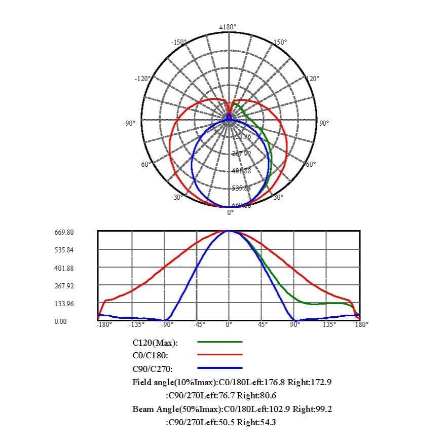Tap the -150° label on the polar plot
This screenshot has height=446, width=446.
click(x=179, y=42)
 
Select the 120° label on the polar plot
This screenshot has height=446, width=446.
click(x=313, y=79)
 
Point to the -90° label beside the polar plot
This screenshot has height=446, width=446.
click(x=129, y=123)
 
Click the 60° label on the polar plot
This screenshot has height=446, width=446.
click(x=310, y=164)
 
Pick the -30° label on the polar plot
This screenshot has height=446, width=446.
click(x=176, y=197)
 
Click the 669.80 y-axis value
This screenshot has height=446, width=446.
click(x=64, y=232)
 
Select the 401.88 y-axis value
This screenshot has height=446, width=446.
click(x=64, y=268)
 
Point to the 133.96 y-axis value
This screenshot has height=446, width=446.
click(x=64, y=304)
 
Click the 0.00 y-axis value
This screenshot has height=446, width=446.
click(x=60, y=321)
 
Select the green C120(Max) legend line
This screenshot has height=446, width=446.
click(x=219, y=342)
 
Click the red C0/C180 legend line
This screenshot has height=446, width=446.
click(x=219, y=355)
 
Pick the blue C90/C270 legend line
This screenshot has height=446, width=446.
click(x=219, y=368)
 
